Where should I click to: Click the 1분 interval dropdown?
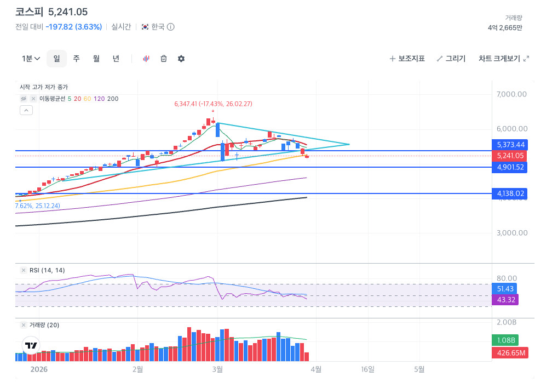tap(31, 59)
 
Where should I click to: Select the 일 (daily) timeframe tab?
tap(56, 59)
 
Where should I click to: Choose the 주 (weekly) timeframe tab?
tap(76, 59)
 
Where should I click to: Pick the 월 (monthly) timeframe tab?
tap(96, 59)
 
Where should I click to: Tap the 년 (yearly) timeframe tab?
tap(116, 59)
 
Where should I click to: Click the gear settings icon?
tap(181, 59)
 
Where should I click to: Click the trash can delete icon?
tap(163, 59)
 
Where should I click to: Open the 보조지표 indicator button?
tap(407, 59)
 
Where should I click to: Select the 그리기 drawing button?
tap(451, 59)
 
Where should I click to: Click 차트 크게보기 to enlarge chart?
tap(503, 59)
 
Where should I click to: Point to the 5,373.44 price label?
tap(510, 145)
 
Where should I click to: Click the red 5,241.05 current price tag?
tap(510, 156)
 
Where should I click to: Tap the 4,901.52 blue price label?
tap(510, 167)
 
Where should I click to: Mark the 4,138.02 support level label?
tap(510, 193)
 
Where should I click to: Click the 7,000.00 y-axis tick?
tap(511, 94)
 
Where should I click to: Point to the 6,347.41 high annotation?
tap(212, 104)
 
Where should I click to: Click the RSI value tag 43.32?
tap(507, 300)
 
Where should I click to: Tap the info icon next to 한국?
tap(170, 27)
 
